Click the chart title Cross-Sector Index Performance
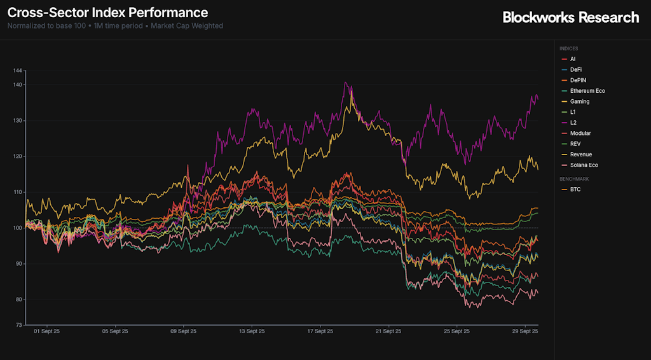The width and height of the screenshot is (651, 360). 107,12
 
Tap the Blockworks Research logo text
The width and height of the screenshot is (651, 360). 570,17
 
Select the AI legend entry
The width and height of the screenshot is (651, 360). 572,59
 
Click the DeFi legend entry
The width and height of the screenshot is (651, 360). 575,69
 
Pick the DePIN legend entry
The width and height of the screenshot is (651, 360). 578,80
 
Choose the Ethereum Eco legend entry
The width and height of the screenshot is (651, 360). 587,91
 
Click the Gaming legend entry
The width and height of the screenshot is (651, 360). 579,102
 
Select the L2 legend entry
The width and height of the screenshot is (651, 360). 573,123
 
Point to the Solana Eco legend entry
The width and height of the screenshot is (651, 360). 584,165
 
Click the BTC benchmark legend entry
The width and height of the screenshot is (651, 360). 575,190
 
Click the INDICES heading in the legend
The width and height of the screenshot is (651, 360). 568,48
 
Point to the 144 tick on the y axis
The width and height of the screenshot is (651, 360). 17,70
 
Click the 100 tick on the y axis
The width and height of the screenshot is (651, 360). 17,228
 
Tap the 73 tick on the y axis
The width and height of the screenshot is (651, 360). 18,324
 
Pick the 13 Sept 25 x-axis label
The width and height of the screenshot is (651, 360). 251,331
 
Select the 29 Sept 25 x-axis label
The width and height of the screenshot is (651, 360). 526,331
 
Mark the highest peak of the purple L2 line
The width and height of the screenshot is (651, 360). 345,82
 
